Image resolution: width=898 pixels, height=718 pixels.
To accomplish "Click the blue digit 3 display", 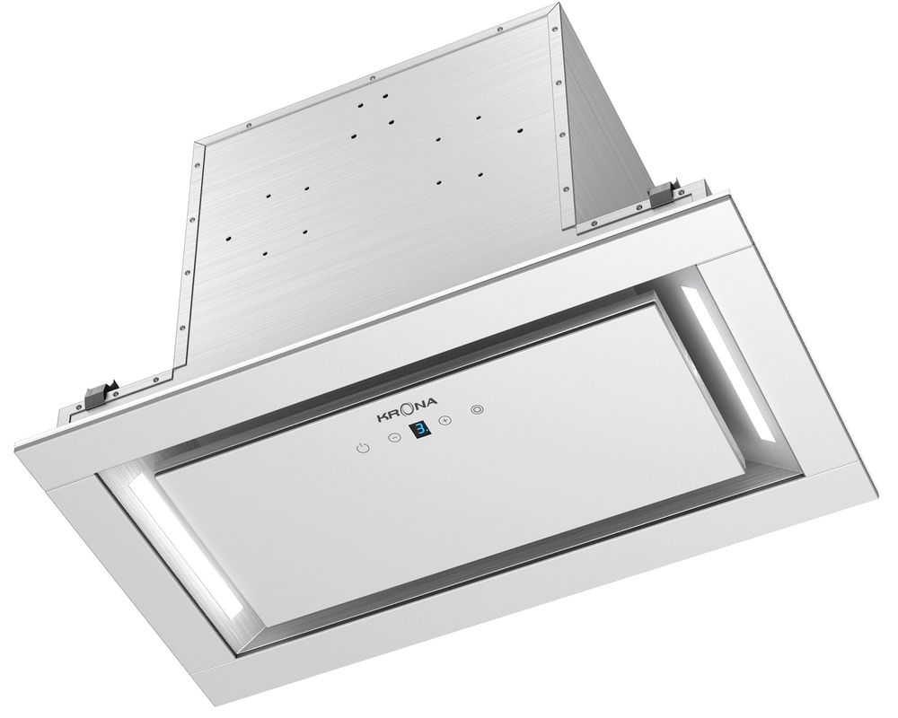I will [x=419, y=432].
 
